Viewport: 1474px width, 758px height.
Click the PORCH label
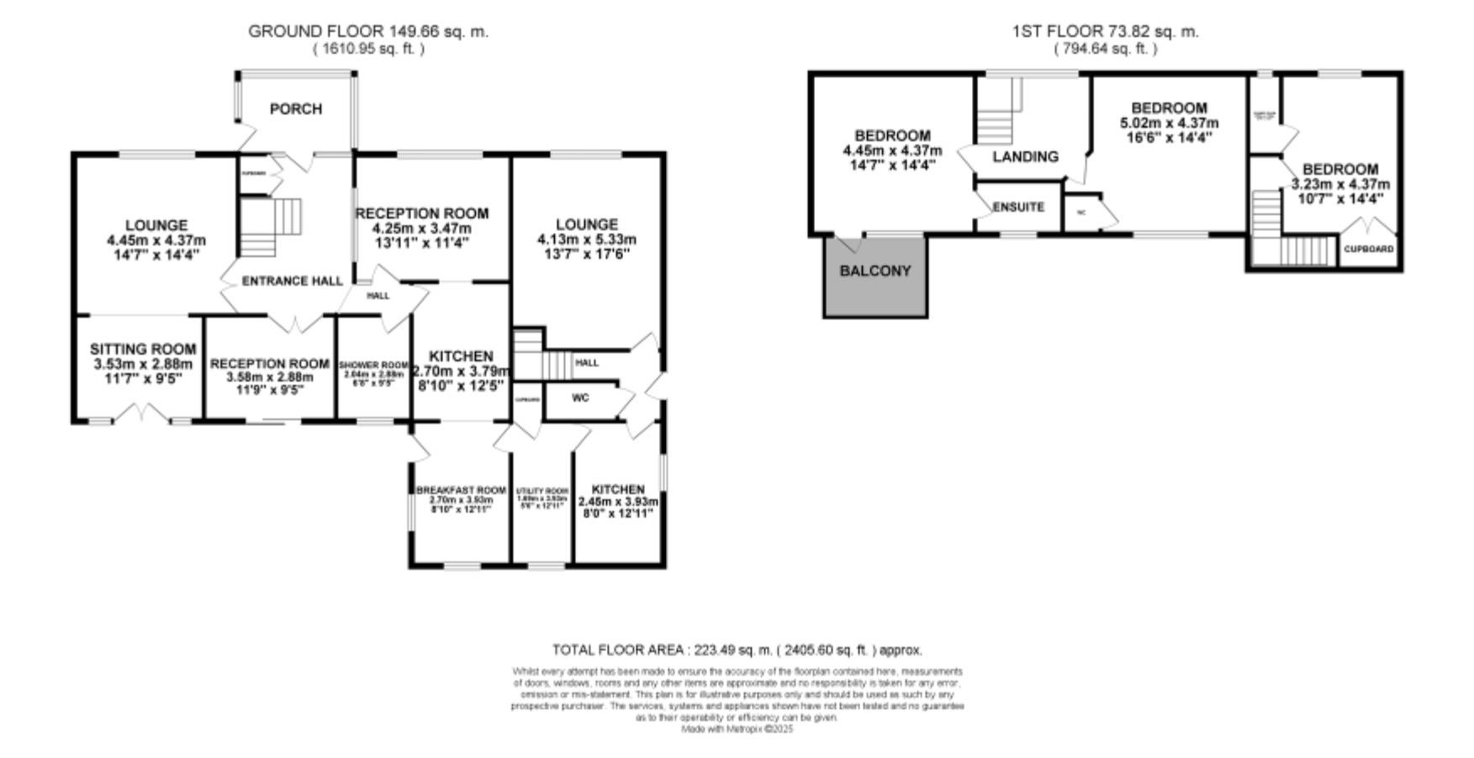pos(295,109)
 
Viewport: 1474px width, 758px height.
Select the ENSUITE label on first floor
pos(1017,207)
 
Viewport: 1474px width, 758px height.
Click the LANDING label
pos(1025,157)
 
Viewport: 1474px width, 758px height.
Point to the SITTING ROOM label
pos(143,350)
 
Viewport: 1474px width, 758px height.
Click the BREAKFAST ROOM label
pos(461,491)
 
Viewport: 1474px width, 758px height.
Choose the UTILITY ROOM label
pos(542,492)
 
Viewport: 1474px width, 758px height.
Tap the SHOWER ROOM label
pos(373,366)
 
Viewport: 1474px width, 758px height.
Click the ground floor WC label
pos(580,398)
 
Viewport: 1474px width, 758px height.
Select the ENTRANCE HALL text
pos(292,282)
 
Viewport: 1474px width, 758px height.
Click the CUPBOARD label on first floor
pos(1368,250)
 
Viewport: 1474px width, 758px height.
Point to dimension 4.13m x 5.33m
pos(587,240)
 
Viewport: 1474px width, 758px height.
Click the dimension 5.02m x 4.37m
pos(1169,124)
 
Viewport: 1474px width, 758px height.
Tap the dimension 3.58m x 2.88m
pos(269,377)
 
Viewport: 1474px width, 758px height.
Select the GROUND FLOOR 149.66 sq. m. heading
pos(368,32)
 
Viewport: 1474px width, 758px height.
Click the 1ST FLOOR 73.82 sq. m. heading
pos(1106,32)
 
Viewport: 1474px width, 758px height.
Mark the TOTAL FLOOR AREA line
pos(737,650)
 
